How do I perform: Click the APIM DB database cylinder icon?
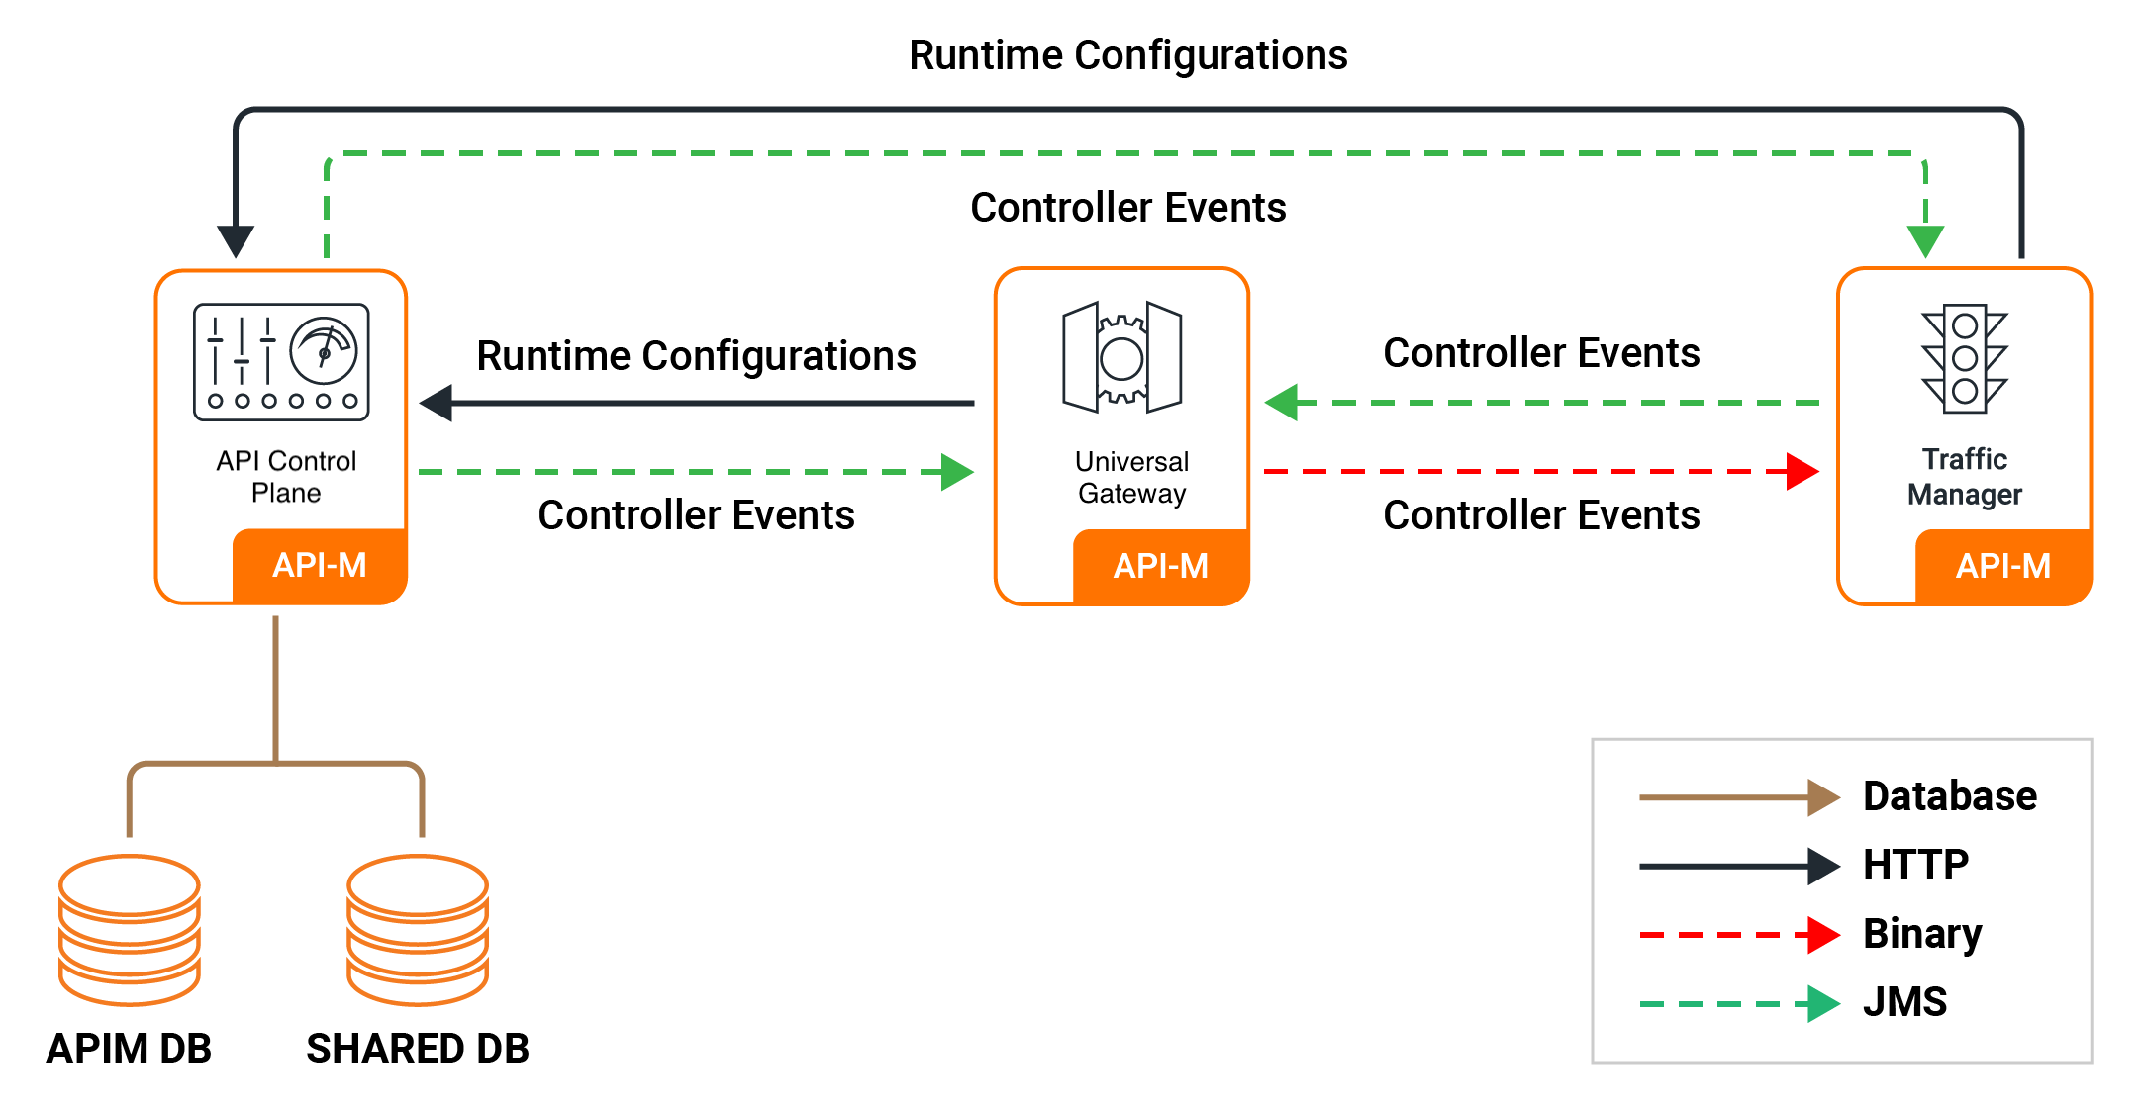point(130,930)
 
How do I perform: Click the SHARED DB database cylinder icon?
point(418,930)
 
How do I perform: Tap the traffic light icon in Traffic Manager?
point(1965,358)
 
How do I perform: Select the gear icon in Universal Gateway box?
point(1121,357)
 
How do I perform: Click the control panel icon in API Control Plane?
point(281,362)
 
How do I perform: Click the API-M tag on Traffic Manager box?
point(2003,566)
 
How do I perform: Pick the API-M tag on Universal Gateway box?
point(1161,566)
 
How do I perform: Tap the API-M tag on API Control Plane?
point(320,566)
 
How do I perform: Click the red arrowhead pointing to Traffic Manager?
point(1803,472)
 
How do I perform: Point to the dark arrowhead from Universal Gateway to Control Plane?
point(437,403)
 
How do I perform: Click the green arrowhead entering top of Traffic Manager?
point(1925,240)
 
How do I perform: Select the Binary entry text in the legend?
point(1922,933)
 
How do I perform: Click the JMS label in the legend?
point(1904,1002)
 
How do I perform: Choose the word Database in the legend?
point(1950,796)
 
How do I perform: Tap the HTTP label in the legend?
point(1915,865)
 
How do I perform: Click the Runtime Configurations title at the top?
point(1127,55)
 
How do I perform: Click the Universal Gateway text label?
point(1131,477)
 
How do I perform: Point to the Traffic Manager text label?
point(1964,476)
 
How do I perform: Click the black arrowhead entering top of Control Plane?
point(236,240)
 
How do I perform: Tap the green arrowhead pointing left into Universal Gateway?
point(1282,403)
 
